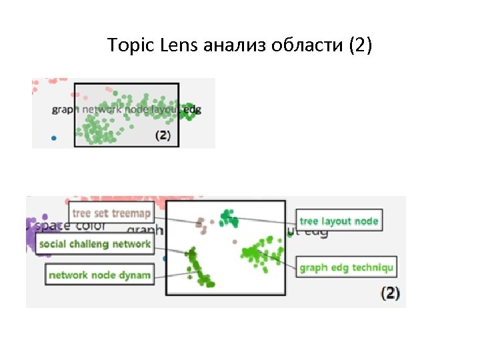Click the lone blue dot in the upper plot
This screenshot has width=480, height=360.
pyautogui.click(x=55, y=139)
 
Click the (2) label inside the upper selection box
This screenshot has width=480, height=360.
pyautogui.click(x=163, y=135)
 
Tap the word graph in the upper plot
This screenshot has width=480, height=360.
pyautogui.click(x=65, y=110)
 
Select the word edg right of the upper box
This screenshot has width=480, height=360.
pyautogui.click(x=192, y=109)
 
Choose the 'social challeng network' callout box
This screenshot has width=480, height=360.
pyautogui.click(x=95, y=244)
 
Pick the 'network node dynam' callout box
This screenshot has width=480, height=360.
pyautogui.click(x=100, y=275)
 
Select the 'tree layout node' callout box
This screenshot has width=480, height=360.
pyautogui.click(x=339, y=221)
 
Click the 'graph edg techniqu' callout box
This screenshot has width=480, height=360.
pyautogui.click(x=347, y=268)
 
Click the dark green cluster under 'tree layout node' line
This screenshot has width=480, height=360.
pyautogui.click(x=229, y=216)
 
